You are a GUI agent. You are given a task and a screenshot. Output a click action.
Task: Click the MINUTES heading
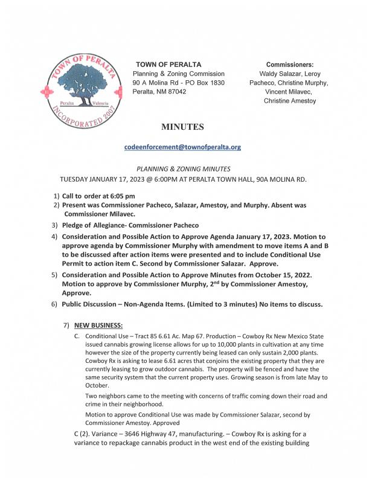[x=182, y=127]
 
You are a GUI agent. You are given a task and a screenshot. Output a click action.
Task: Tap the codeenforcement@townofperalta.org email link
[x=182, y=147]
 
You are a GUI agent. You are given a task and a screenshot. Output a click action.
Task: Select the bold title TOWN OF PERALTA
[x=168, y=65]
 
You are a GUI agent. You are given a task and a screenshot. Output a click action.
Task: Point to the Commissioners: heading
[x=290, y=65]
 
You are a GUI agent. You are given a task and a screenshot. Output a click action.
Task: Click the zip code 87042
[x=175, y=91]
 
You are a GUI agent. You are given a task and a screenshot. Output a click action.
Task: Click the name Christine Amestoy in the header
[x=290, y=101]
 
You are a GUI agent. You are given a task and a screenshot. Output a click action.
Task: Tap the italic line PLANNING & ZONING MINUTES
[x=182, y=170]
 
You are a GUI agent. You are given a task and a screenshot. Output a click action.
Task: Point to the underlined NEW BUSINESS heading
[x=98, y=325]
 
